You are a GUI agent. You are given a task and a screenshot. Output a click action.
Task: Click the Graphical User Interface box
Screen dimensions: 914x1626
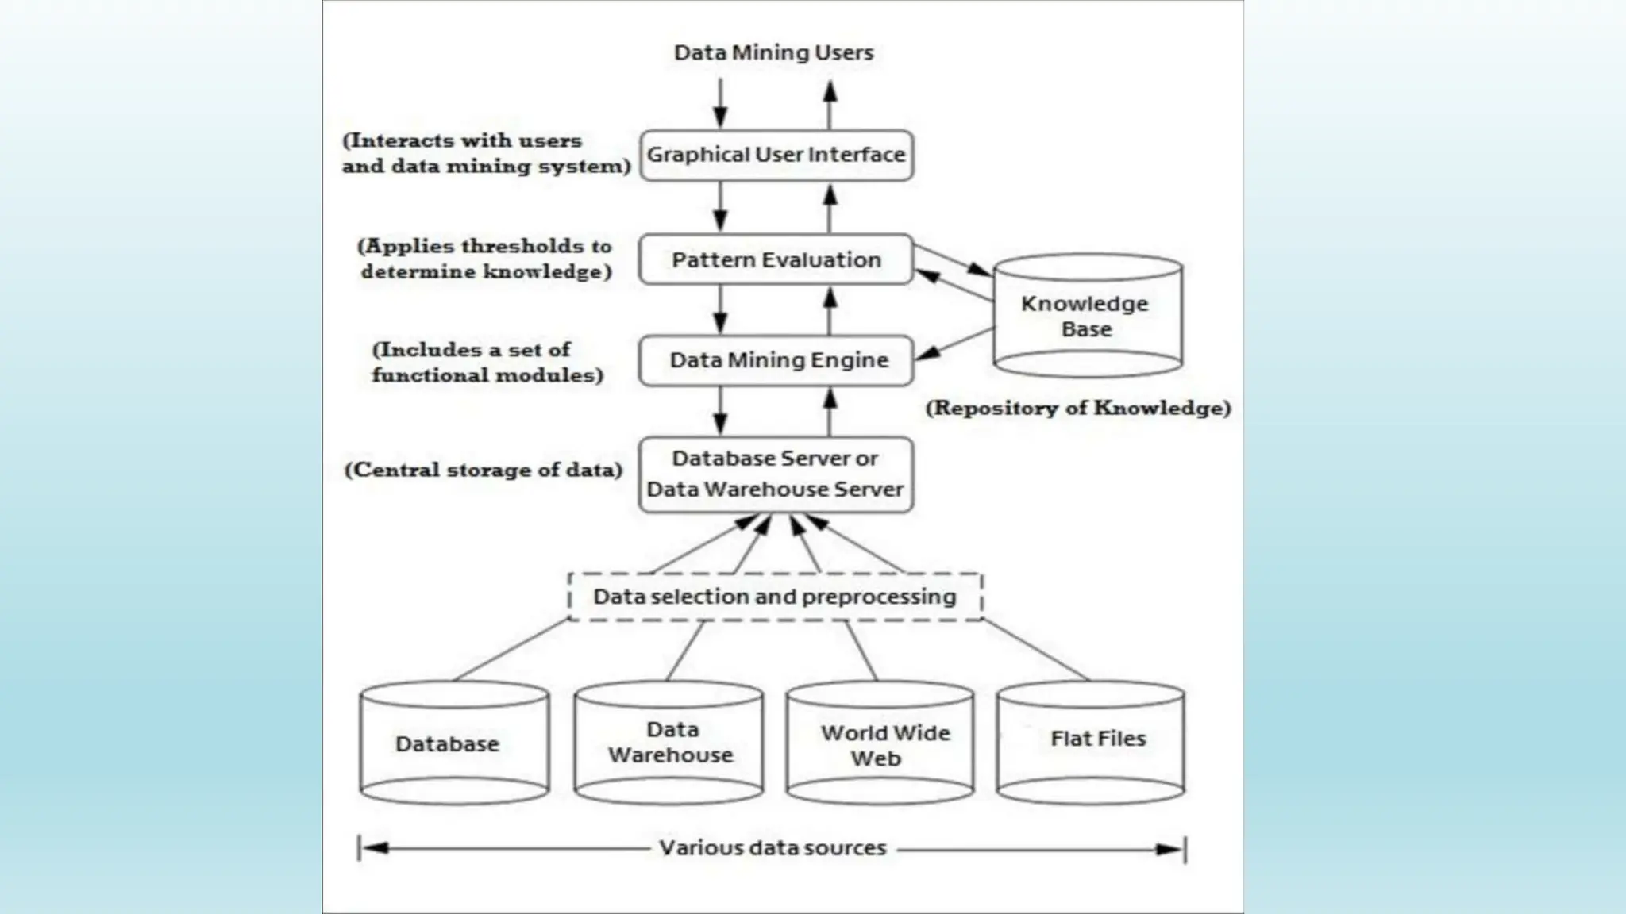click(x=776, y=156)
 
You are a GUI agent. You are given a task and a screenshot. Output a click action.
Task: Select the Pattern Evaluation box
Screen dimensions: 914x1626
click(x=776, y=259)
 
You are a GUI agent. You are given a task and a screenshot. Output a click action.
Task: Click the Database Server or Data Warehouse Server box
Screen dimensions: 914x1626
click(x=776, y=474)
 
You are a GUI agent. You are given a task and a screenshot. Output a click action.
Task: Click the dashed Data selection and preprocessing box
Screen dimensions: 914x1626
click(x=775, y=597)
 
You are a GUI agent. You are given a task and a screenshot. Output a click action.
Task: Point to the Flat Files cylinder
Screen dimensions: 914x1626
click(x=1091, y=740)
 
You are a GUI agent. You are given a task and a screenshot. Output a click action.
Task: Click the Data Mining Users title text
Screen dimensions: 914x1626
click(x=773, y=53)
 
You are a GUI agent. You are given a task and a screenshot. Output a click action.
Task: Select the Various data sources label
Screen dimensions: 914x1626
click(x=773, y=848)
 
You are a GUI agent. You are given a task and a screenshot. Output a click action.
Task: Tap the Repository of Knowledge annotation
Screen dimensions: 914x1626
click(x=1078, y=409)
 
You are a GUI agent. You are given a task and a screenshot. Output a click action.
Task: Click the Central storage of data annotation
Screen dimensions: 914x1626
click(x=484, y=470)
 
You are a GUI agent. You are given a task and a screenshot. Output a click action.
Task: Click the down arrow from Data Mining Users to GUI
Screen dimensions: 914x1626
click(x=720, y=103)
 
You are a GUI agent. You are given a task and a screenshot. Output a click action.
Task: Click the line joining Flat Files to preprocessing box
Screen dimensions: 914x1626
click(x=1036, y=650)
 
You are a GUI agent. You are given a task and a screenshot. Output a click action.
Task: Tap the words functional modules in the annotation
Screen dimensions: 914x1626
click(x=487, y=375)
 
